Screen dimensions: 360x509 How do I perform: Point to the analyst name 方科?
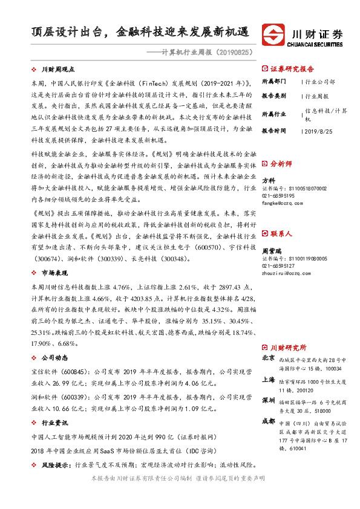coord(268,180)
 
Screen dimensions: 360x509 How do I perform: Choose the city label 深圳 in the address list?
coord(268,400)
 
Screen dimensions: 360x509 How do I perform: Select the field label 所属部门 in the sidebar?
coord(273,81)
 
